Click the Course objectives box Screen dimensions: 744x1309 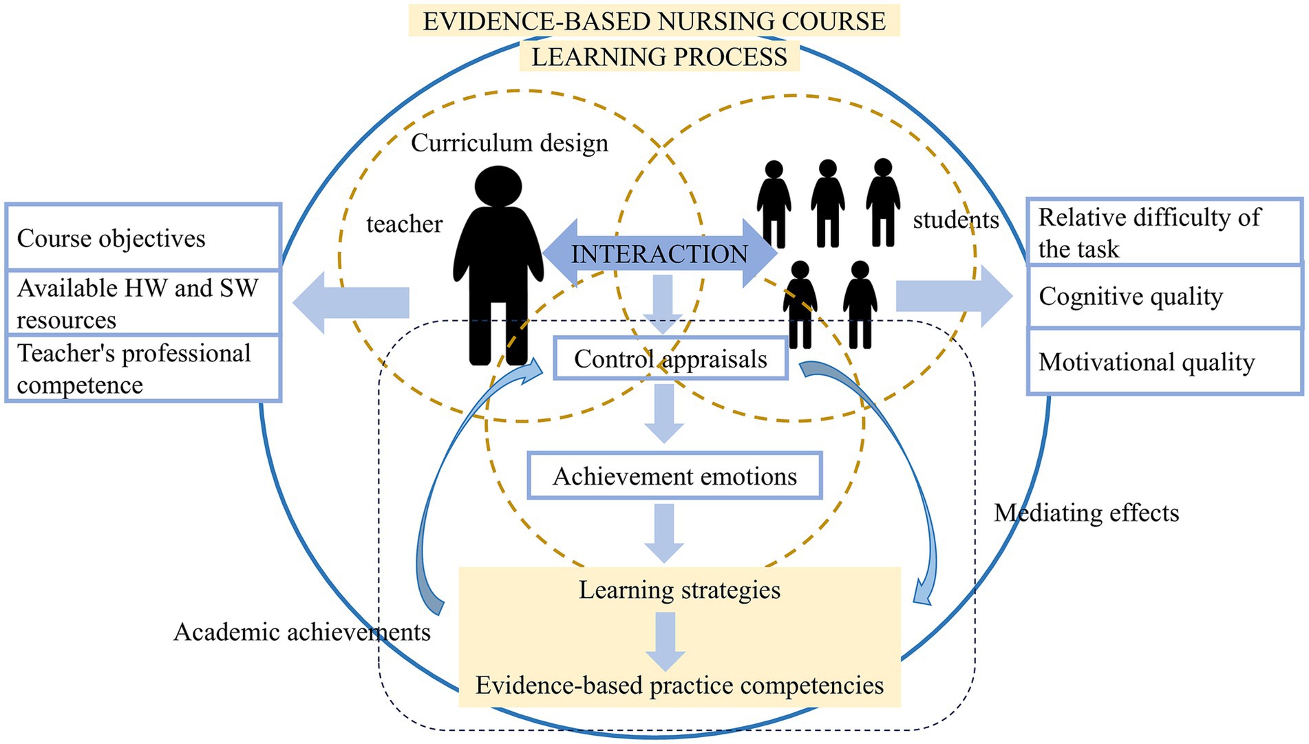[x=143, y=237]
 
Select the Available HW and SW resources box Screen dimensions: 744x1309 [x=143, y=303]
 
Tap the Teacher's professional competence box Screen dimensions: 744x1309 [x=143, y=368]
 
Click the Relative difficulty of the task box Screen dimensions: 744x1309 [x=1164, y=233]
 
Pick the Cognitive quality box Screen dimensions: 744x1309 [x=1164, y=297]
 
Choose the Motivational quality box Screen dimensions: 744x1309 [x=1164, y=362]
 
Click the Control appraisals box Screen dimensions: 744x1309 [x=670, y=359]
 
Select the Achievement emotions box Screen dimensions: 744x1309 [x=674, y=476]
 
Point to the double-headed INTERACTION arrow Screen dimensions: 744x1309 [x=659, y=254]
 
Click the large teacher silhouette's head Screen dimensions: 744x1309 [x=498, y=186]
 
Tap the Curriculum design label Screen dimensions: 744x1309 [x=509, y=143]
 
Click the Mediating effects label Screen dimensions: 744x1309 [x=1086, y=513]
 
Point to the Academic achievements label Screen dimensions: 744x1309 [x=301, y=632]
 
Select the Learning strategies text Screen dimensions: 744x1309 [x=679, y=590]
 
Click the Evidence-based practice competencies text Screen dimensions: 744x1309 [x=679, y=685]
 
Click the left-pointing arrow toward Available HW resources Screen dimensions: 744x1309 [x=351, y=302]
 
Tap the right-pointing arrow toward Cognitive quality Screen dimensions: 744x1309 [x=954, y=296]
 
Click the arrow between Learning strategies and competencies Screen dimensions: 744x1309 [x=665, y=640]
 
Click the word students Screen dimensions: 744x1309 [x=955, y=220]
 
